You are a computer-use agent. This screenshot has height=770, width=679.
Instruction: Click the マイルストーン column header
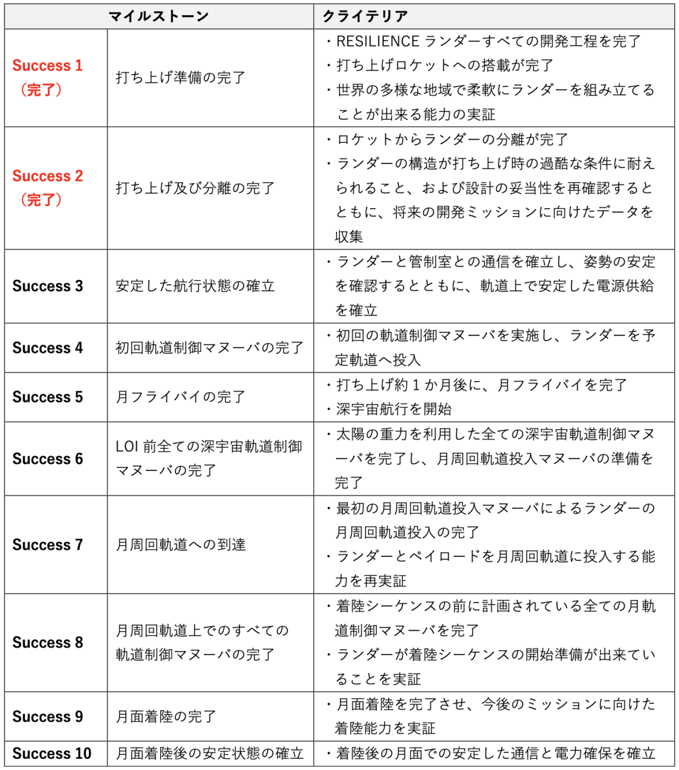pos(159,16)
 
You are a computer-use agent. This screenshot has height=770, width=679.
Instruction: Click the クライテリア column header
pos(365,16)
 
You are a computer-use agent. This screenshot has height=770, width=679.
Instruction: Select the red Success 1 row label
pos(48,66)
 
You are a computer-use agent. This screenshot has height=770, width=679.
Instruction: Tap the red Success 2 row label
pos(48,176)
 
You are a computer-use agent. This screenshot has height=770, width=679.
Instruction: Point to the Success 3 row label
pos(48,286)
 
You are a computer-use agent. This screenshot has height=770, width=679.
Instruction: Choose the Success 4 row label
pos(48,348)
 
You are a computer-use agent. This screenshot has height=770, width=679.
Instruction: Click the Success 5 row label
pos(48,397)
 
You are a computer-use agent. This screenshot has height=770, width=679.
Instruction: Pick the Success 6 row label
pos(48,458)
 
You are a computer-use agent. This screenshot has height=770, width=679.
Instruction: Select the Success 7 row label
pos(48,545)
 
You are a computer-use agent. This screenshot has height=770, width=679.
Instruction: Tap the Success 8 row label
pos(48,643)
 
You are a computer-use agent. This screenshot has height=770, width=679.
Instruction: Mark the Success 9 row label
pos(48,717)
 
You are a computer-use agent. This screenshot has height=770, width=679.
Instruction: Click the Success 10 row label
pos(51,754)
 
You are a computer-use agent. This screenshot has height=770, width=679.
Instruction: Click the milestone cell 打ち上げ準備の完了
pos(181,77)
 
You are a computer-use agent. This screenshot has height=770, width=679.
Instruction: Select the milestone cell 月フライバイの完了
pos(181,397)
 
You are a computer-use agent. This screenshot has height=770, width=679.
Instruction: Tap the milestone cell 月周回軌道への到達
pos(181,545)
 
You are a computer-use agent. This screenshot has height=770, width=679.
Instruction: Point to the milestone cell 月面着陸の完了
pos(166,717)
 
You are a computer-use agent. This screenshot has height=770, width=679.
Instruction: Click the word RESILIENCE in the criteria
pos(377,41)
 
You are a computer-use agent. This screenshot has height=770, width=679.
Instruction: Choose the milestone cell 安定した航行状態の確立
pos(195,286)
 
